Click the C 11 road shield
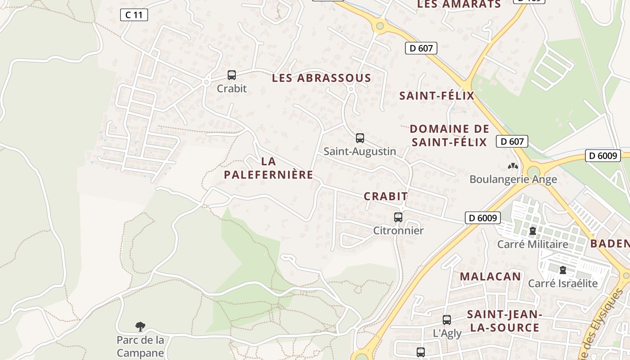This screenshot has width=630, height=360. pyautogui.click(x=134, y=15)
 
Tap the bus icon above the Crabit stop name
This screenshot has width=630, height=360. pyautogui.click(x=232, y=75)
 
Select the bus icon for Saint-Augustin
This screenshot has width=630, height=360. pyautogui.click(x=360, y=138)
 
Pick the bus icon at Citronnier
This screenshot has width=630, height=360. pyautogui.click(x=398, y=217)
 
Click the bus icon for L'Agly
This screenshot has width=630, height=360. pyautogui.click(x=447, y=320)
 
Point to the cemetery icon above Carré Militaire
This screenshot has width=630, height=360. pyautogui.click(x=533, y=231)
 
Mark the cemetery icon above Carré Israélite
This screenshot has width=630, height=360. pyautogui.click(x=562, y=270)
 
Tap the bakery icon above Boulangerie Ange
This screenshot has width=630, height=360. pyautogui.click(x=513, y=166)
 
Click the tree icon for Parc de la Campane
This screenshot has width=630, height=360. pyautogui.click(x=140, y=326)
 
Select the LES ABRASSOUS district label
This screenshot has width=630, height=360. pyautogui.click(x=321, y=78)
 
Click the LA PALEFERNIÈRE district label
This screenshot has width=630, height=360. pyautogui.click(x=269, y=168)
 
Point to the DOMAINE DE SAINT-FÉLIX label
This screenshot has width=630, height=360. pyautogui.click(x=449, y=135)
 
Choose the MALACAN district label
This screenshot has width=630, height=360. pyautogui.click(x=490, y=276)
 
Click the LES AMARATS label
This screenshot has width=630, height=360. pyautogui.click(x=459, y=4)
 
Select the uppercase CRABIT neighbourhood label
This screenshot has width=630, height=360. pyautogui.click(x=386, y=196)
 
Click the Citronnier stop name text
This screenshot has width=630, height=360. pyautogui.click(x=398, y=230)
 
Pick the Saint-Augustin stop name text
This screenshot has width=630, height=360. pyautogui.click(x=360, y=151)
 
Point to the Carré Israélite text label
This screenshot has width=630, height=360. pyautogui.click(x=562, y=283)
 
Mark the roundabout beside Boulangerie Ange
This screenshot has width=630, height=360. pyautogui.click(x=534, y=171)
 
